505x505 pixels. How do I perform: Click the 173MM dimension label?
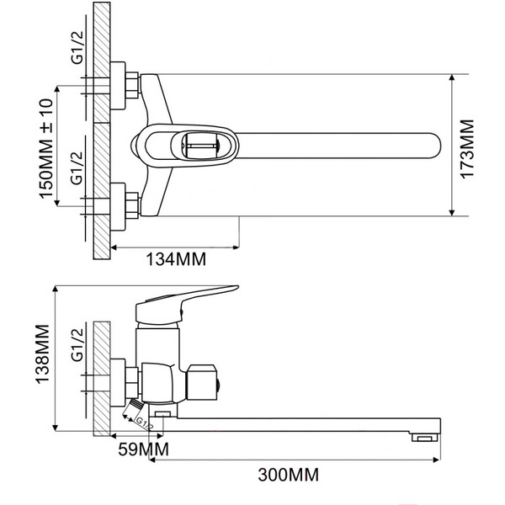click(468, 146)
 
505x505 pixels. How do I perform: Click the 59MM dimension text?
click(142, 450)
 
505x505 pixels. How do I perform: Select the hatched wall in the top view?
click(100, 126)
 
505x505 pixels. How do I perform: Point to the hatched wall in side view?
click(100, 379)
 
